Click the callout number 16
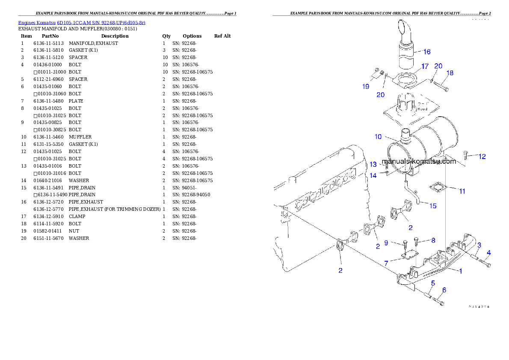(x=427, y=52)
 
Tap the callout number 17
(x=425, y=66)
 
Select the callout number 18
(x=450, y=73)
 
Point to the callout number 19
(x=366, y=86)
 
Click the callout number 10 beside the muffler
(x=378, y=137)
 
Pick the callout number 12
(x=482, y=156)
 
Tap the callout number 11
(x=462, y=191)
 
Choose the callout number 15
(x=433, y=206)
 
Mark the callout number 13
(x=373, y=164)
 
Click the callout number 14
(x=373, y=175)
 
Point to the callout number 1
(x=461, y=271)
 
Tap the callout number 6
(x=444, y=290)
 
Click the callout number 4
(x=488, y=253)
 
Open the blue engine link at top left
(x=82, y=23)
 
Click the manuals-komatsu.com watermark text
(x=419, y=162)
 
